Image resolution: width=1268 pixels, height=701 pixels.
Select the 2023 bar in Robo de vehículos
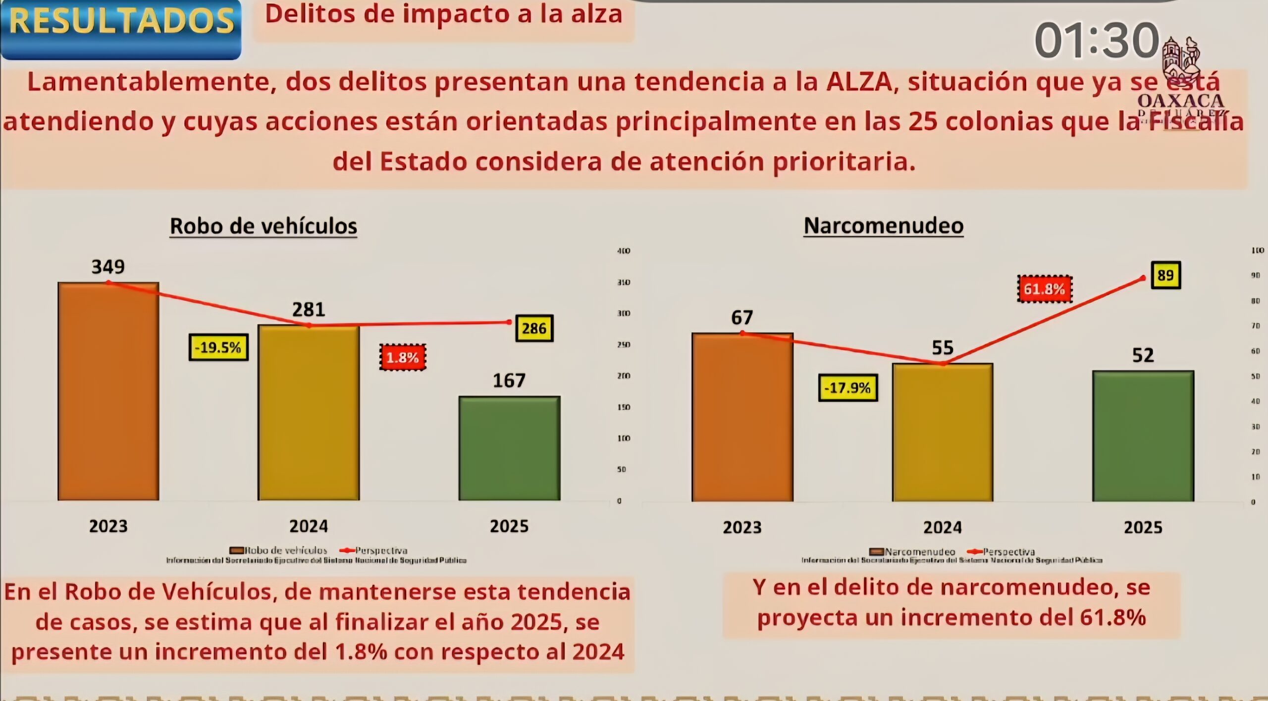pos(108,391)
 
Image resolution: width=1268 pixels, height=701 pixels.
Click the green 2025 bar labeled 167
pos(509,448)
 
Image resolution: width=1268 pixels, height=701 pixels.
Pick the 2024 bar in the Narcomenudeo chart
pos(942,432)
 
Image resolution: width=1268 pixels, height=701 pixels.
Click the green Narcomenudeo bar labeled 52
pos(1143,436)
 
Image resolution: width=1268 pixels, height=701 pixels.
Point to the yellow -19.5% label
pos(218,347)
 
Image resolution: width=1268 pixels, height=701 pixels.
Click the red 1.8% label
pos(403,357)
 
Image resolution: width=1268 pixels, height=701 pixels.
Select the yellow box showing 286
pos(534,328)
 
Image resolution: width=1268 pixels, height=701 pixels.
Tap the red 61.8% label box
pos(1044,289)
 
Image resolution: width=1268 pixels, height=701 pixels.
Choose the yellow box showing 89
pos(1165,275)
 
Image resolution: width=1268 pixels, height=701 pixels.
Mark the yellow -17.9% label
pos(847,387)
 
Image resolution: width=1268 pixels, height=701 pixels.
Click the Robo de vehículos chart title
pos(264,226)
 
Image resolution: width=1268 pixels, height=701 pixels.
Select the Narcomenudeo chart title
pos(884,226)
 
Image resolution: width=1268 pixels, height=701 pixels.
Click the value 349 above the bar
pos(108,267)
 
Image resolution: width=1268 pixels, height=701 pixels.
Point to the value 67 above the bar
pos(742,318)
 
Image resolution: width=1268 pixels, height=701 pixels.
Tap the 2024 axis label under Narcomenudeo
pos(942,527)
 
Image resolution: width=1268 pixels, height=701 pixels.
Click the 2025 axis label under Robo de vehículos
pos(509,526)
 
